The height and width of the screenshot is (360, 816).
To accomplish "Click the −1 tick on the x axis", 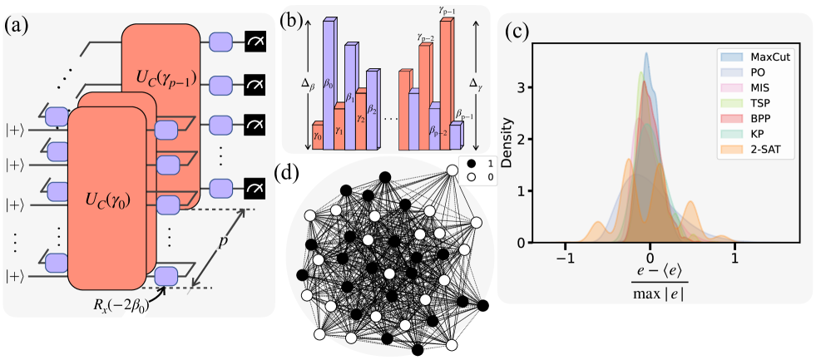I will pos(566,259).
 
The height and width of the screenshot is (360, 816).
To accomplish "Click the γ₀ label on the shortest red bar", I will pos(317,126).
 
